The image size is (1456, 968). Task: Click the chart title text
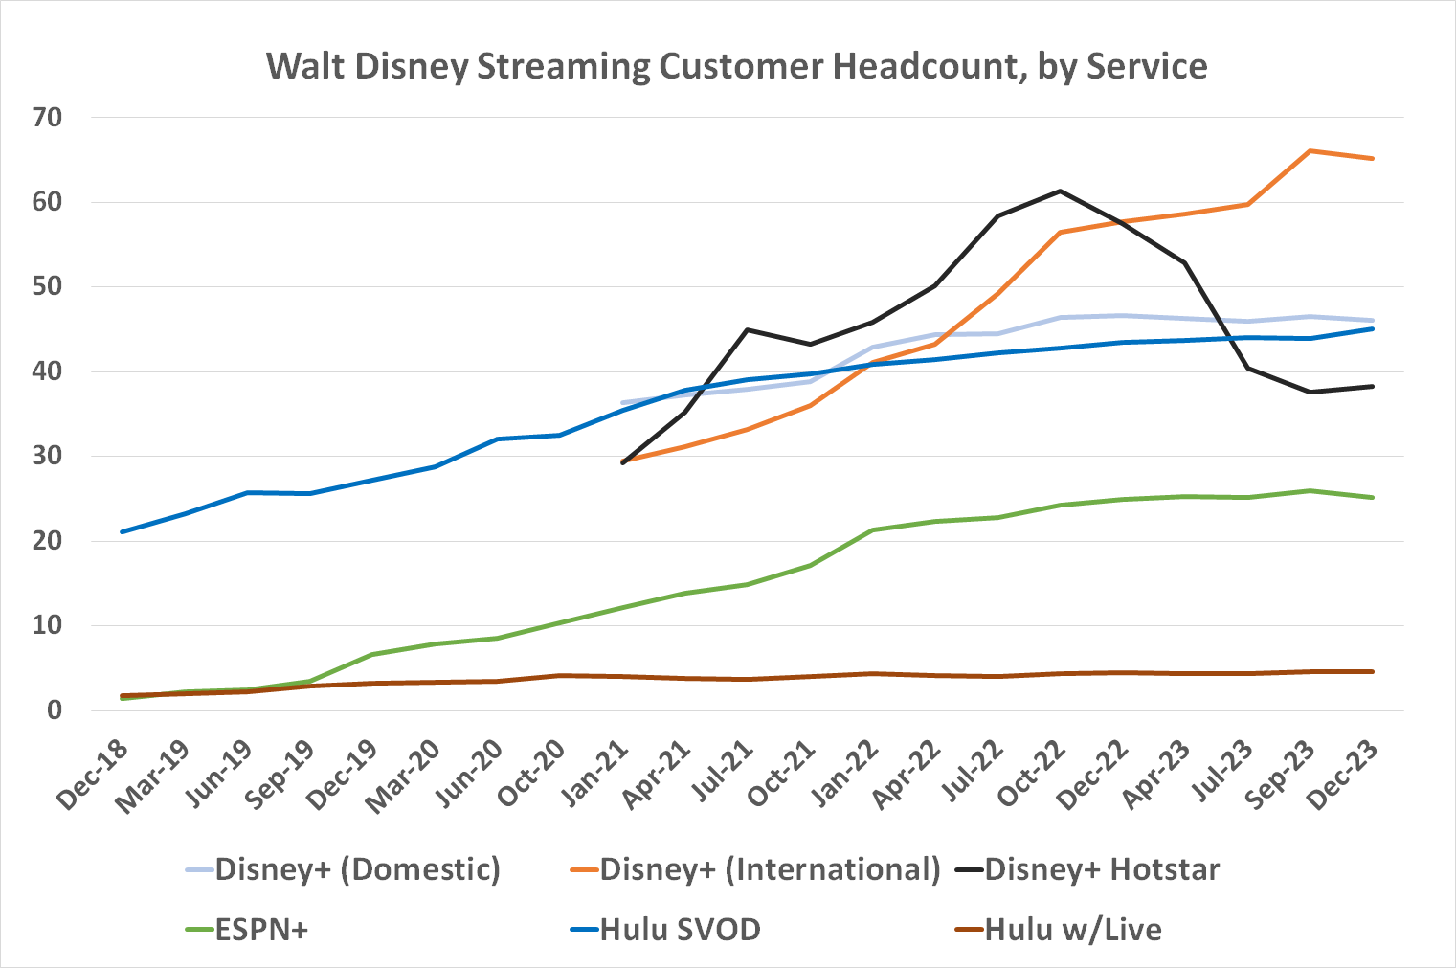pos(736,67)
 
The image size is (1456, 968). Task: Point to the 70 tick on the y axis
pos(47,118)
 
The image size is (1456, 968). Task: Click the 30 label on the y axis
pos(47,456)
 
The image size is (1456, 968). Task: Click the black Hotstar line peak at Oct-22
pos(1060,191)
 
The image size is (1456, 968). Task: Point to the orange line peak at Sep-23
pos(1310,150)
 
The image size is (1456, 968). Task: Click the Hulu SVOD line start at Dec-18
pos(123,531)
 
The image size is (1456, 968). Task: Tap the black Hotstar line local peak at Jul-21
pos(747,329)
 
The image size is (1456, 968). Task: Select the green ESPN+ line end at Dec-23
pos(1373,497)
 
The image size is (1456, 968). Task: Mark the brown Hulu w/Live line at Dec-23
pos(1373,671)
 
